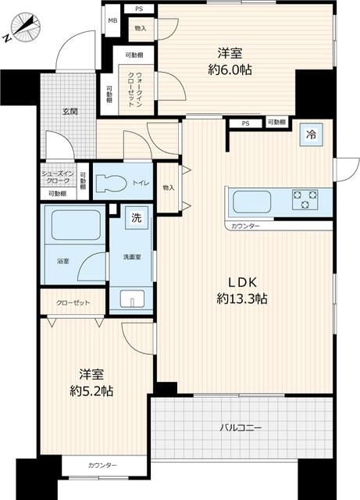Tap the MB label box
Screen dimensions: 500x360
coord(112,22)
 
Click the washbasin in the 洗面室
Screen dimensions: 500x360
coord(132,298)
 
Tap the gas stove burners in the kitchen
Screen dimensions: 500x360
coord(305,199)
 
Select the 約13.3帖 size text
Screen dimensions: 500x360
coord(243,298)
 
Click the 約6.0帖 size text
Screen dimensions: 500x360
coord(230,70)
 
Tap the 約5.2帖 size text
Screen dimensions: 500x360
coord(91,391)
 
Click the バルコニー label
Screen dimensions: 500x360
coord(240,428)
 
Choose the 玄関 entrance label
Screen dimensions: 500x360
coord(70,112)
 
